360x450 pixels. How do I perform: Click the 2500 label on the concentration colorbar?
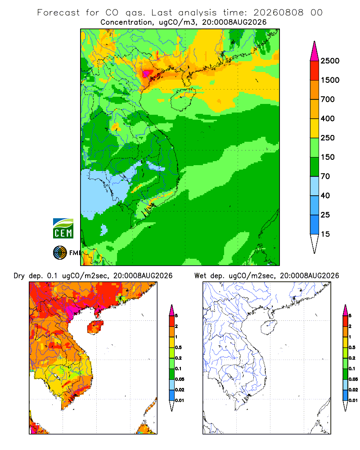(x=330, y=61)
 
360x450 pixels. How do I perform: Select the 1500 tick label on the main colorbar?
(x=330, y=80)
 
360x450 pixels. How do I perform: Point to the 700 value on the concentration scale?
(x=328, y=99)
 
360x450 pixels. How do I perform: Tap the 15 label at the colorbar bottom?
(x=325, y=234)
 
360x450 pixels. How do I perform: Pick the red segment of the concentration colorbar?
(x=315, y=71)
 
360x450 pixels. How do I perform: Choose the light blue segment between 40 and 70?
(x=315, y=186)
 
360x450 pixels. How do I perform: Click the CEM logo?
(x=63, y=229)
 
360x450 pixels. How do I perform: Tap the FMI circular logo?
(x=60, y=253)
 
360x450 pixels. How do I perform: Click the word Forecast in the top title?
(x=58, y=13)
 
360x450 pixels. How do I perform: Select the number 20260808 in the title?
(x=278, y=13)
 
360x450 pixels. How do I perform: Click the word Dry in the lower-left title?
(x=19, y=276)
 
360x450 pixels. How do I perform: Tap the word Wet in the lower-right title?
(x=200, y=276)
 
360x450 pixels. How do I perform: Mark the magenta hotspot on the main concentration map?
(x=148, y=73)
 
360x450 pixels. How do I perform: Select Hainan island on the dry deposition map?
(x=95, y=327)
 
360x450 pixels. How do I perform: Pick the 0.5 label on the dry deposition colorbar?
(x=178, y=347)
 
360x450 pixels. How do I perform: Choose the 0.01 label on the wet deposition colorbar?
(x=353, y=400)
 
